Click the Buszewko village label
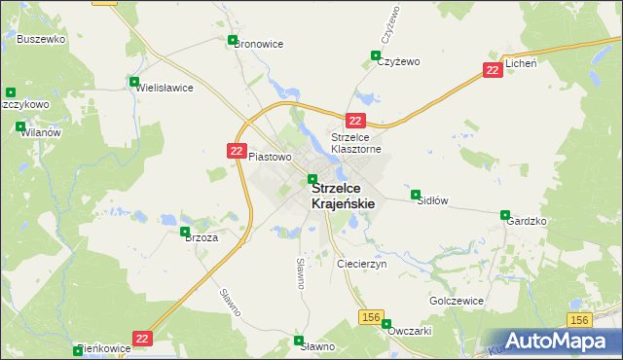click(x=41, y=39)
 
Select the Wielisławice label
click(x=165, y=88)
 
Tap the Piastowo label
click(x=270, y=156)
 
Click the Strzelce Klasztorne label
click(x=362, y=143)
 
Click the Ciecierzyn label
click(x=361, y=264)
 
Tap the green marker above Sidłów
click(x=416, y=194)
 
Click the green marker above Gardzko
click(x=505, y=215)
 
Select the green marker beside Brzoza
click(x=185, y=232)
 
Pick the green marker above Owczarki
click(x=385, y=324)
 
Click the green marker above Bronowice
click(x=232, y=40)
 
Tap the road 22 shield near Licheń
click(x=494, y=69)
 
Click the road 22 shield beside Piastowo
click(x=237, y=150)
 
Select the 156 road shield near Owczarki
click(x=370, y=317)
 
